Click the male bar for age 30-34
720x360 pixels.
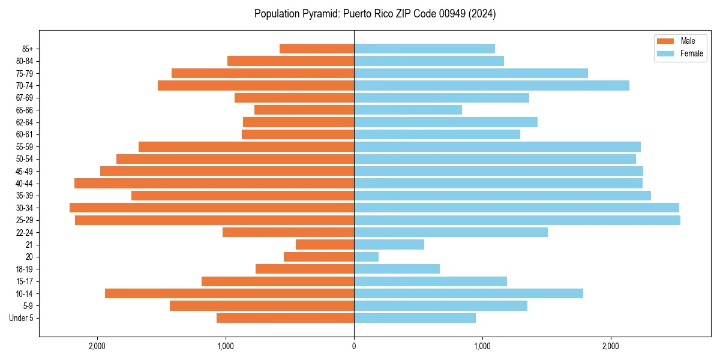click(x=212, y=208)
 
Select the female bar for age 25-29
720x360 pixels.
click(x=517, y=220)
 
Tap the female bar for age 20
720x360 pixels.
click(x=367, y=257)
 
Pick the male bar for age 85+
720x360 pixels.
click(x=317, y=49)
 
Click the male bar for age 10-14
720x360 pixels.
click(x=229, y=293)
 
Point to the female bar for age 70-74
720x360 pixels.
click(x=491, y=85)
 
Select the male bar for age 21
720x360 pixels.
click(x=325, y=245)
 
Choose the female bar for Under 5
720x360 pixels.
click(x=415, y=318)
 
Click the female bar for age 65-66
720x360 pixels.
click(x=408, y=110)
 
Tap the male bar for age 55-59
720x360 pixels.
click(x=246, y=146)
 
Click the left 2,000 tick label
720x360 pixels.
click(x=97, y=346)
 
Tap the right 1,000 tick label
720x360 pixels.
click(x=482, y=346)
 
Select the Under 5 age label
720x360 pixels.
click(x=22, y=318)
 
